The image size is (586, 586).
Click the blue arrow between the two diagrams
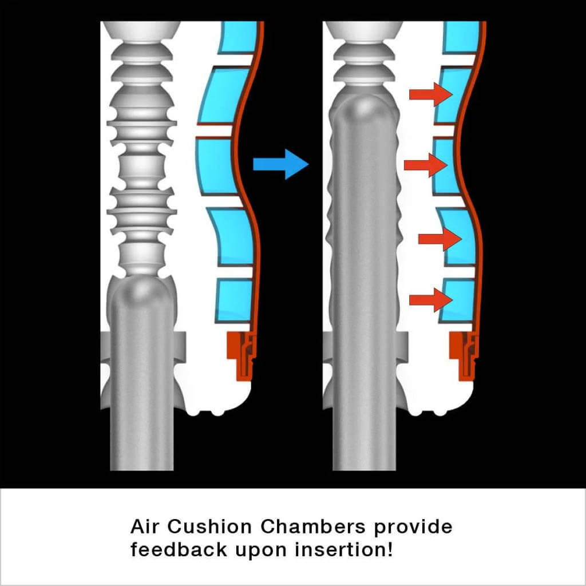280,164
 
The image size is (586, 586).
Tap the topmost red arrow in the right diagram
431,94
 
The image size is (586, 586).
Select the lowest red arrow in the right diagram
431,300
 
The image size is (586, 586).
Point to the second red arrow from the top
426,165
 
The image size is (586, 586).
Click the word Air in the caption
145,526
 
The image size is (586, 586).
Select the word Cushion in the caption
209,526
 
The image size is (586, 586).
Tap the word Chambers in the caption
312,526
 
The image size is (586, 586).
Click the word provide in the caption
413,527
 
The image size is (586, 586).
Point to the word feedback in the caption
179,549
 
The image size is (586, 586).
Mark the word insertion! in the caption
343,549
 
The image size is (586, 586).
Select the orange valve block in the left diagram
241,355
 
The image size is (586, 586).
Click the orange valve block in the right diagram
464,355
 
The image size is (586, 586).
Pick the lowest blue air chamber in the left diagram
234,301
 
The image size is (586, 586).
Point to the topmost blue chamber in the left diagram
238,37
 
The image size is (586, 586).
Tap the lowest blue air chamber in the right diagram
457,301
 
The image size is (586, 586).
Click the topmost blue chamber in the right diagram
461,37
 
